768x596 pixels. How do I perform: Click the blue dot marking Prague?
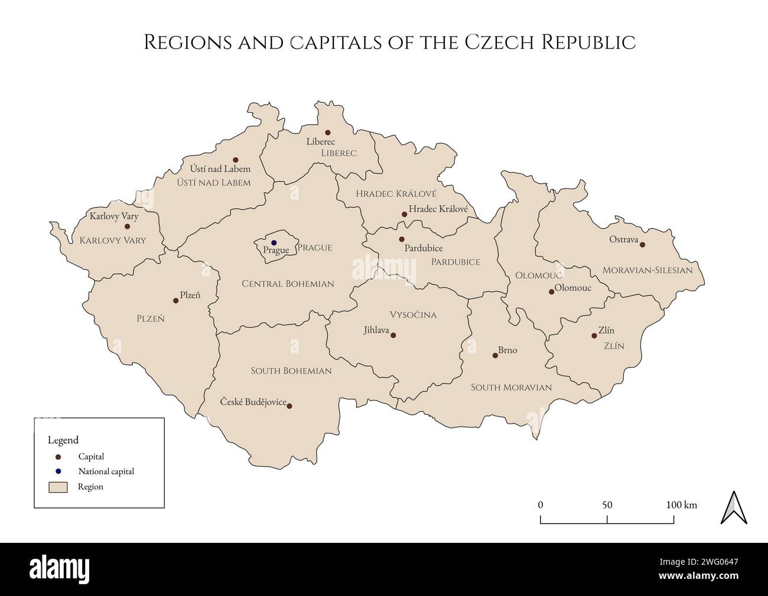(x=274, y=243)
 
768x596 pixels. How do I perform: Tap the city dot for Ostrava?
(x=643, y=245)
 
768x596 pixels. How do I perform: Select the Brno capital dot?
(x=495, y=356)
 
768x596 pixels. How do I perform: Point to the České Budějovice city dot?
(x=289, y=406)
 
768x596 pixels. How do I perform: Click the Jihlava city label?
(x=376, y=330)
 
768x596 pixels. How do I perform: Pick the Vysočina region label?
(x=413, y=315)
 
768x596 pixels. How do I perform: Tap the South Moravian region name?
(x=511, y=387)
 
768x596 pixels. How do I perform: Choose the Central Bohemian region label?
(x=288, y=284)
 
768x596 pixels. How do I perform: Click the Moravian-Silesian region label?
(x=647, y=271)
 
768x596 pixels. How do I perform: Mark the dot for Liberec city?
(x=328, y=133)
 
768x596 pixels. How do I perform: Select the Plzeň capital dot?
(x=175, y=301)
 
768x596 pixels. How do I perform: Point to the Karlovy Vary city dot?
(x=127, y=226)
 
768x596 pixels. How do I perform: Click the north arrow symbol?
(x=734, y=507)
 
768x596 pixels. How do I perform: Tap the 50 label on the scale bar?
(x=607, y=505)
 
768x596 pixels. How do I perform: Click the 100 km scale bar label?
(x=682, y=505)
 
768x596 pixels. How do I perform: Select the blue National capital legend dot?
(x=58, y=471)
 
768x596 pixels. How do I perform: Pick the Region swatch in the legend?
(x=58, y=487)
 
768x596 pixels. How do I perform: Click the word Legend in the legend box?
(x=63, y=440)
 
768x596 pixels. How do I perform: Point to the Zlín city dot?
(x=594, y=336)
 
